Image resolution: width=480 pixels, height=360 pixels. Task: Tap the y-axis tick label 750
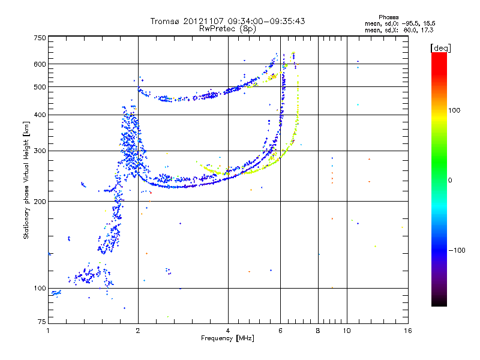pos(40,38)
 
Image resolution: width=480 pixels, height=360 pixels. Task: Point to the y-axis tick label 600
pos(40,64)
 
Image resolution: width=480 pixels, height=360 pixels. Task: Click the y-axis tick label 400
pos(40,115)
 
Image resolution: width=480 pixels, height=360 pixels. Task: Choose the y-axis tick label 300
pos(40,151)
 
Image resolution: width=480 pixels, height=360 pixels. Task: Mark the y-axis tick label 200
pos(40,201)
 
